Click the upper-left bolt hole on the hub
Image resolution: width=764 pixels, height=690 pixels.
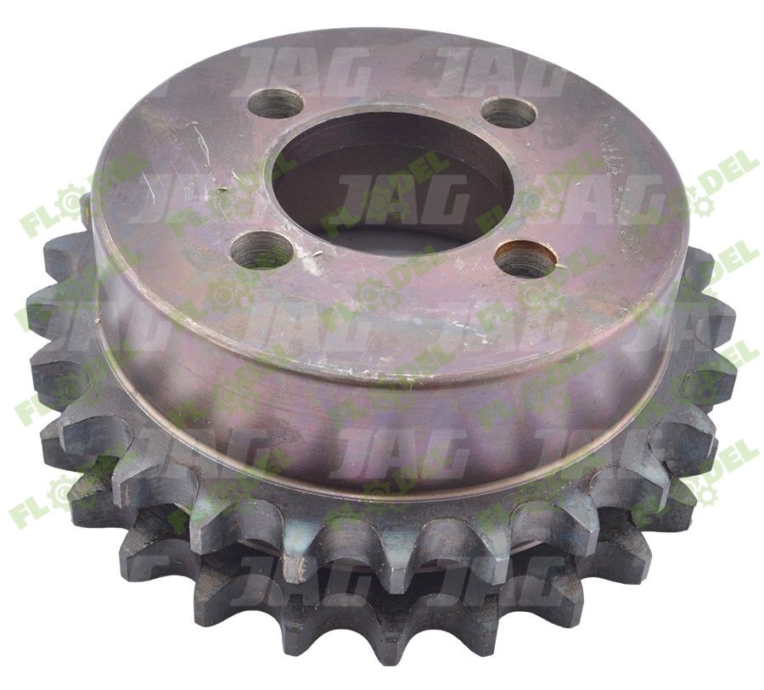click(x=276, y=104)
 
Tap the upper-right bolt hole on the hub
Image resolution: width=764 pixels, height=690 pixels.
click(x=508, y=113)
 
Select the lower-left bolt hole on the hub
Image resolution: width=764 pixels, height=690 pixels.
click(x=261, y=249)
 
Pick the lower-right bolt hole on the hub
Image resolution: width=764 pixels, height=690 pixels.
click(x=525, y=259)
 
